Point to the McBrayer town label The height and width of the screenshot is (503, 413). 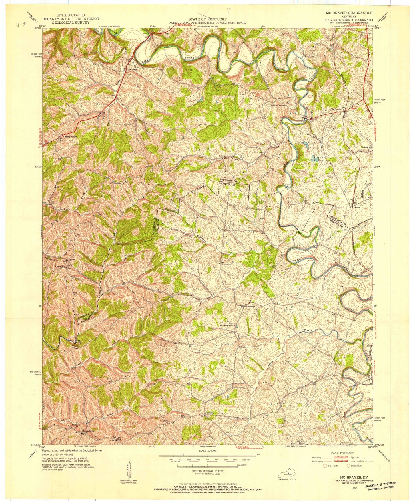pyautogui.click(x=336, y=109)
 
